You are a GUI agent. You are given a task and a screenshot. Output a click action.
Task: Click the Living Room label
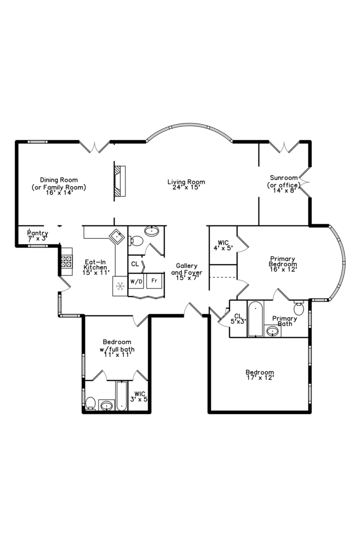click(x=186, y=184)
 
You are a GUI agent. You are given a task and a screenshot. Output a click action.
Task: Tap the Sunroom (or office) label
click(x=283, y=183)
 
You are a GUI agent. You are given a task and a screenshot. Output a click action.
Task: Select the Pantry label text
click(x=37, y=235)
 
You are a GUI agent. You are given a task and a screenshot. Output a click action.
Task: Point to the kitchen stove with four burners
click(x=66, y=260)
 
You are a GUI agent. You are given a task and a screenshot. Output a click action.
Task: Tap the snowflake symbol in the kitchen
click(x=120, y=286)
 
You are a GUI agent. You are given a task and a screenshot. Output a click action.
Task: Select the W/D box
click(x=136, y=281)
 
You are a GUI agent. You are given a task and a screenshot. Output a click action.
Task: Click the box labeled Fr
click(x=154, y=281)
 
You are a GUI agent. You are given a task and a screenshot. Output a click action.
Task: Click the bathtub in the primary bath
click(x=255, y=318)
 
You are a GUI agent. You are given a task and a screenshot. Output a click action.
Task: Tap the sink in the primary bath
click(x=272, y=331)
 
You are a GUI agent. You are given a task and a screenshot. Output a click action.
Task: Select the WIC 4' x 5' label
click(x=222, y=245)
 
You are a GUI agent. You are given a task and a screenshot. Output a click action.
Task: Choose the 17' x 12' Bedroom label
click(x=259, y=375)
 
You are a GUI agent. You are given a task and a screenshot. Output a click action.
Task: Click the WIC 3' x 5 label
click(x=139, y=396)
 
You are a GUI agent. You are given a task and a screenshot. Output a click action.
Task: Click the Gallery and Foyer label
click(x=186, y=272)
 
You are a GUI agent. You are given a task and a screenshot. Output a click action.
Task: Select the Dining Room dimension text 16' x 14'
click(x=59, y=192)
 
